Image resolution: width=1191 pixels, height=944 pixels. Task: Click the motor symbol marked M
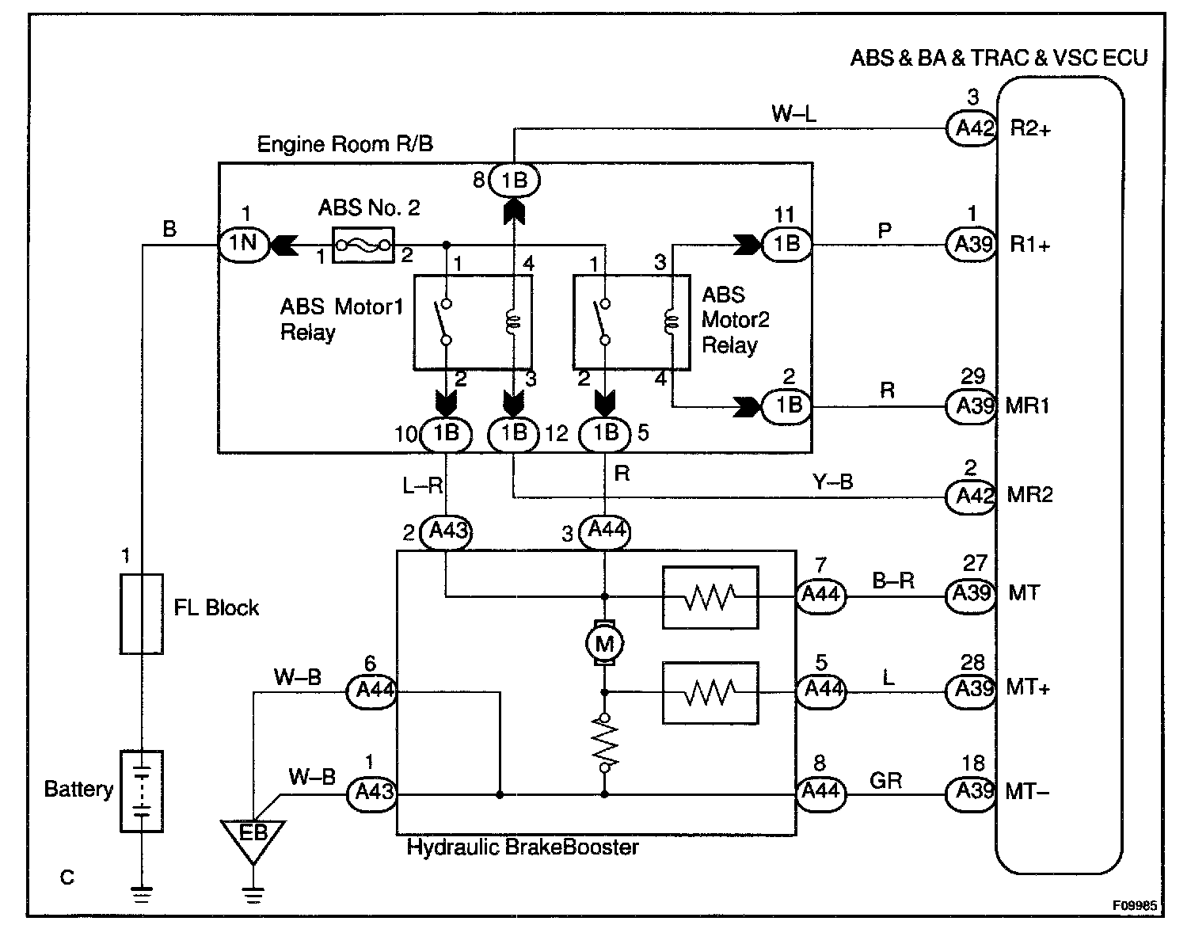[605, 644]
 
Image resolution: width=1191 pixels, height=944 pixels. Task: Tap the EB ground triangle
[253, 836]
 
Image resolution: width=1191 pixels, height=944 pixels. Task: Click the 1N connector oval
[243, 243]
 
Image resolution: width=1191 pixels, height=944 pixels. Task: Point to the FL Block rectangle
[142, 615]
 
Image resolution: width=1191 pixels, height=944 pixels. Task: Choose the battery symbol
[142, 790]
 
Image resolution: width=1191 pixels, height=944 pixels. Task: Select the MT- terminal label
[1028, 790]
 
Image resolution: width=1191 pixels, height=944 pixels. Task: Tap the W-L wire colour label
[794, 114]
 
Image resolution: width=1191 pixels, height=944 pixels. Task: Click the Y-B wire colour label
[832, 482]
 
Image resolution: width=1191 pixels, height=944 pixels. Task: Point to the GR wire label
[885, 781]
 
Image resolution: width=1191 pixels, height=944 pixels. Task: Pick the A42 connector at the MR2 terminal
[971, 497]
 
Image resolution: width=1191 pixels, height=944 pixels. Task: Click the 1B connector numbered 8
[514, 181]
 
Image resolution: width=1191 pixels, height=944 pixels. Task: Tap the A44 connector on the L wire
[821, 690]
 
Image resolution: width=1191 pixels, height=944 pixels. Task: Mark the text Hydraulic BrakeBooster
[523, 847]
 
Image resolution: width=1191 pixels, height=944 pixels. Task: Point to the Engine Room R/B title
[344, 144]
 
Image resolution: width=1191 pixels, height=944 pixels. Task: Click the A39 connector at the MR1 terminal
[971, 406]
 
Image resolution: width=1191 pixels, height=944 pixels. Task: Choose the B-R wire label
[893, 581]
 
